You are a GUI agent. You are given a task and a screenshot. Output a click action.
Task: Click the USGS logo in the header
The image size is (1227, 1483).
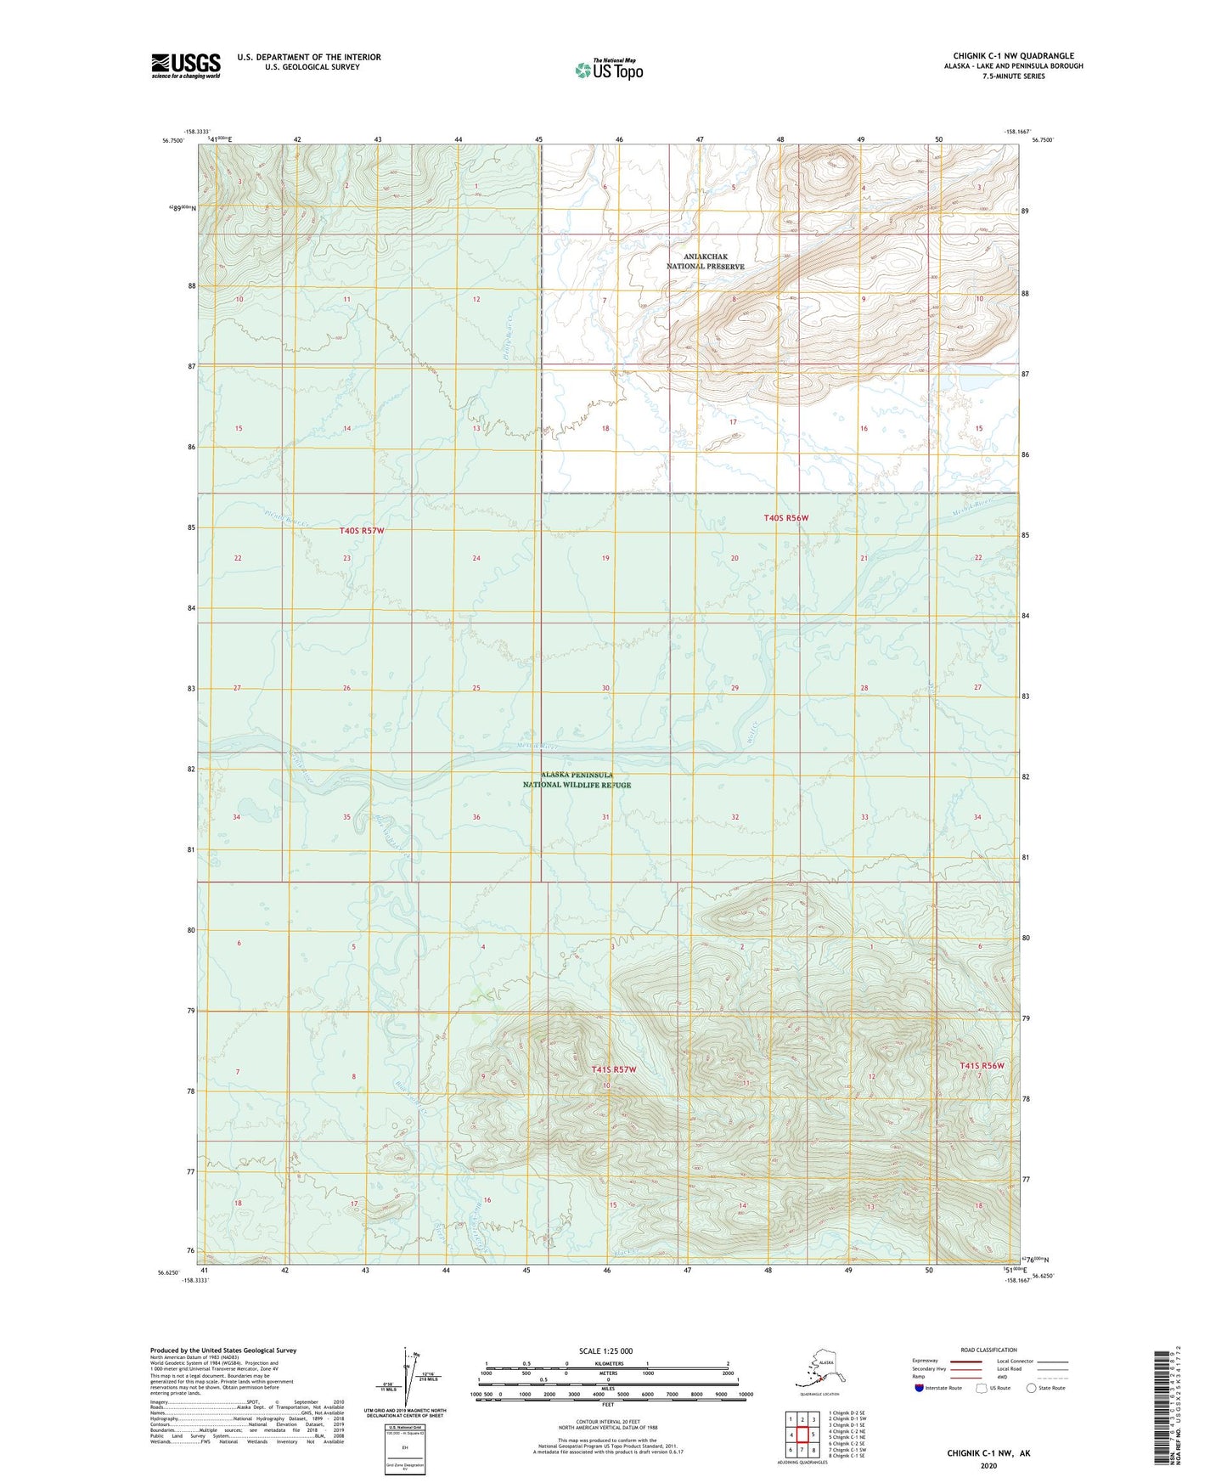click(x=185, y=65)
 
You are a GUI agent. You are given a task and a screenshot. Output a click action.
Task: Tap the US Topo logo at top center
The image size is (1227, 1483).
click(x=608, y=70)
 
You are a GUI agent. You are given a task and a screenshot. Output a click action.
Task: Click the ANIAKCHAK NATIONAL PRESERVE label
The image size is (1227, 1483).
click(x=705, y=262)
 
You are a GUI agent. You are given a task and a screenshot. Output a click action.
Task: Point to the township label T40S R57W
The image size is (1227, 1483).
click(x=368, y=531)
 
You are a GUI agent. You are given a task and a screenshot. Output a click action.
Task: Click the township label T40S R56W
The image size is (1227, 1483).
click(x=785, y=517)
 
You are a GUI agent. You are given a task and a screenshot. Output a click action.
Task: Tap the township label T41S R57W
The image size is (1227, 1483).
click(x=613, y=1070)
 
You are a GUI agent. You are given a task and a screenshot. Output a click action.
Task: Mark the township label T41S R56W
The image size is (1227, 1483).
click(x=982, y=1066)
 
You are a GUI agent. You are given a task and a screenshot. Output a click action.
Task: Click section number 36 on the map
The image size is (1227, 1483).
click(x=476, y=817)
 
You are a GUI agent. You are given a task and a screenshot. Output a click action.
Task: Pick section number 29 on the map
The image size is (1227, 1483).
click(x=735, y=688)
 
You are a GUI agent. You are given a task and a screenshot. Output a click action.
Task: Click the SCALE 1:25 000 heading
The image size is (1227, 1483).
click(x=606, y=1350)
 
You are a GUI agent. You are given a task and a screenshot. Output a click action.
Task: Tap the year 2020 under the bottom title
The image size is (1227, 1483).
click(x=988, y=1465)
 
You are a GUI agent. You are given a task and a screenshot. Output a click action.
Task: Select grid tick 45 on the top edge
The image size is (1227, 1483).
click(x=538, y=138)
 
